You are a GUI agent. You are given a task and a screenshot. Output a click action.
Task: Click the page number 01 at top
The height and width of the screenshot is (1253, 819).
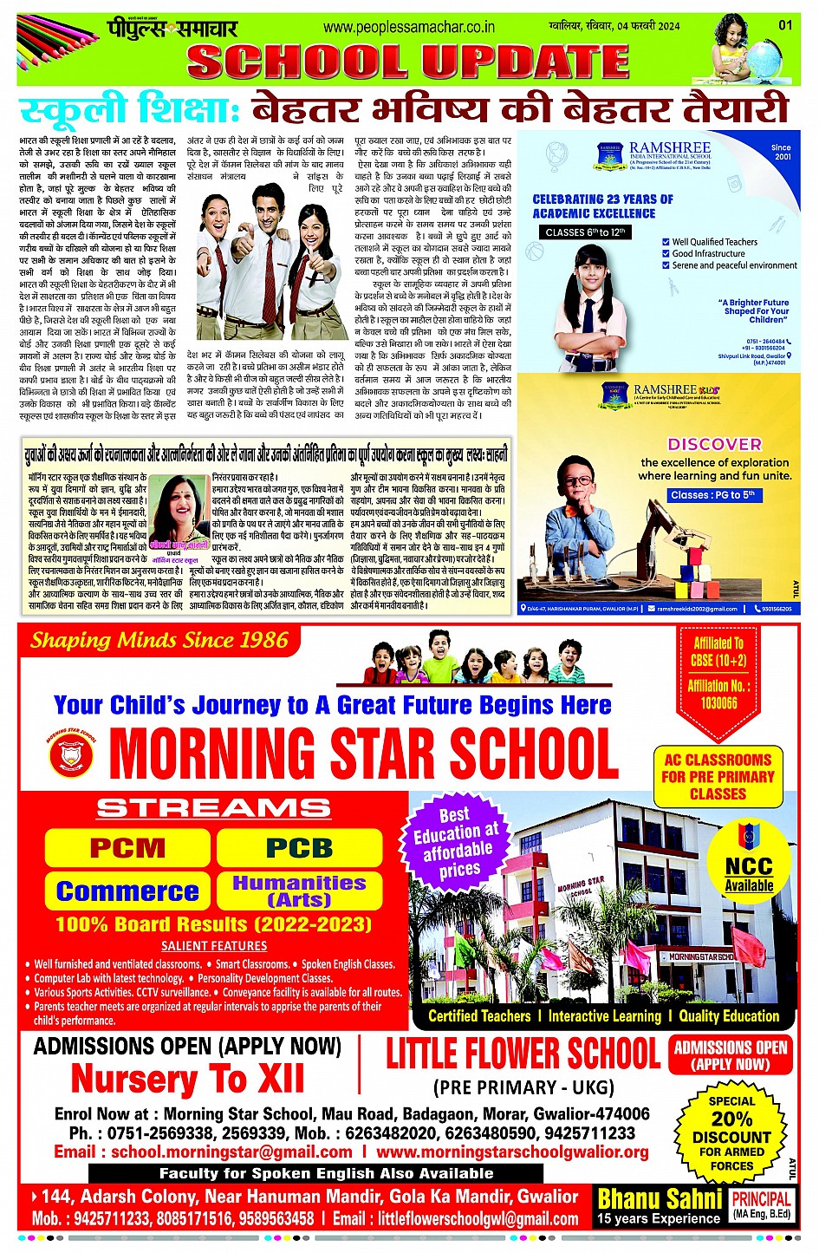(x=785, y=25)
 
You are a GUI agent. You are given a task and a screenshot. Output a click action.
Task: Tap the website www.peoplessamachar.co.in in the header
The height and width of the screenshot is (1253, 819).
(x=409, y=27)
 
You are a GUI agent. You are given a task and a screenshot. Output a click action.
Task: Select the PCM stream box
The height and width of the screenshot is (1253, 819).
(x=127, y=848)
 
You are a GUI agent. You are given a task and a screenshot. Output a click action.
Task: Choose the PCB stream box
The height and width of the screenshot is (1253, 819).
(x=299, y=848)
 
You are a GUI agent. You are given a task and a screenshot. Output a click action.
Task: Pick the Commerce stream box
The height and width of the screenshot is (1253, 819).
(x=127, y=891)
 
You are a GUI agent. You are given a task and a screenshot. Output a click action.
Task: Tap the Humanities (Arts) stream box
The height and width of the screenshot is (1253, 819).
(x=299, y=891)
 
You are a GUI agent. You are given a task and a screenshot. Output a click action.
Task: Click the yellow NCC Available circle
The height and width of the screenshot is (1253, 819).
(x=749, y=858)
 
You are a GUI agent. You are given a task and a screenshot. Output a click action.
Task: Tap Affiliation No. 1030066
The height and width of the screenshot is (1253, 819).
(x=718, y=694)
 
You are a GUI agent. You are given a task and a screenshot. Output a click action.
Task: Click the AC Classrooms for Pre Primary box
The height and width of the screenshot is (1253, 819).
(x=718, y=776)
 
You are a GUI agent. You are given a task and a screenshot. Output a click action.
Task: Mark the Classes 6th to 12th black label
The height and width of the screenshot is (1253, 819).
(x=585, y=232)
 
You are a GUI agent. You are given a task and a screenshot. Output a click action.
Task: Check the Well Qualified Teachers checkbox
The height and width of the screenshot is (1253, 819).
(x=666, y=243)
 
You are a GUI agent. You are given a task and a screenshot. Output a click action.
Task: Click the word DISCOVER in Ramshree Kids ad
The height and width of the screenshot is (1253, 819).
(x=714, y=444)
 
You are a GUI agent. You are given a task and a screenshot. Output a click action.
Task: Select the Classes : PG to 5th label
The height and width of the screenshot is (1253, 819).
(x=712, y=495)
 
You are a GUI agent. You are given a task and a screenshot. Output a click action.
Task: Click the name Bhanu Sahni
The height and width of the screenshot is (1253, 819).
(x=660, y=1199)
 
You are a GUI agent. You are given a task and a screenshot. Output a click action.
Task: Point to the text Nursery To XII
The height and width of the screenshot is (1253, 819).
(x=187, y=1080)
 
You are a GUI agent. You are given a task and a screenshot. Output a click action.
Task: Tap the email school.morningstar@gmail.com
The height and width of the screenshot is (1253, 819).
(x=231, y=1152)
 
